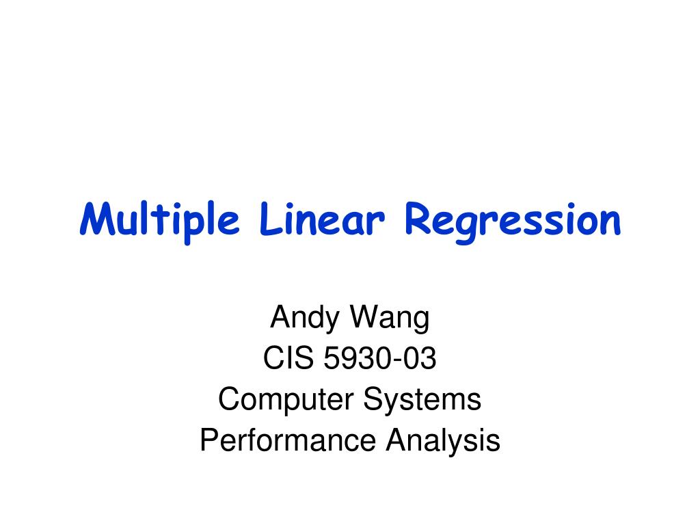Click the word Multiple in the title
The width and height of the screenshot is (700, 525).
159,221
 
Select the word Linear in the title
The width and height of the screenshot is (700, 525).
322,219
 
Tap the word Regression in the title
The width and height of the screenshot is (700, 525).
513,222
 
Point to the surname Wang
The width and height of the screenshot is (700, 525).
390,319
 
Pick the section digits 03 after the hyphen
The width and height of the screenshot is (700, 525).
416,358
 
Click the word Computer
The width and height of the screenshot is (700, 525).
286,400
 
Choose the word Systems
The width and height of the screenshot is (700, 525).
422,400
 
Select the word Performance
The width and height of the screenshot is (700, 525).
288,440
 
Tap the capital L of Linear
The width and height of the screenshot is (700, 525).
271,219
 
